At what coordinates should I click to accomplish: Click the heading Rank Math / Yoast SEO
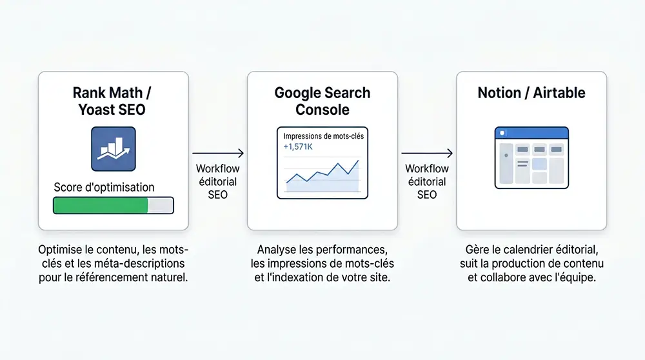coord(112,101)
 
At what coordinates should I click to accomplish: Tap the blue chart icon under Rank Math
coord(114,149)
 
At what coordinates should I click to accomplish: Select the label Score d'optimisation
coord(104,188)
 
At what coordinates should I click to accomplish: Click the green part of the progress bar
coord(100,205)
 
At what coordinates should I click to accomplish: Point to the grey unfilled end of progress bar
coord(161,205)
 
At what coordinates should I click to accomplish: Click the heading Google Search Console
coord(322,101)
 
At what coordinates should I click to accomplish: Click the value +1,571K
coord(298,147)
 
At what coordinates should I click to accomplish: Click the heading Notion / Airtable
coord(531,93)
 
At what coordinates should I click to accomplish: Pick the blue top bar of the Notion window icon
coord(531,132)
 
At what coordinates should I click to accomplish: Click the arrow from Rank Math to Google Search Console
coord(218,154)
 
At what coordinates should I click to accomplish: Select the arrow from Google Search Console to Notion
coord(426,154)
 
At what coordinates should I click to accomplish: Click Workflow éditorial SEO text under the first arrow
coord(218,181)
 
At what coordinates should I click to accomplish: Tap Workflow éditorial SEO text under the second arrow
coord(426,181)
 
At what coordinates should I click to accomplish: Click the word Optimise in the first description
coord(59,250)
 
